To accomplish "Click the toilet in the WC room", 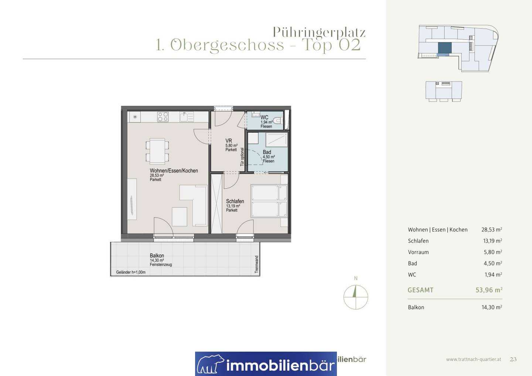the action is click(x=278, y=121).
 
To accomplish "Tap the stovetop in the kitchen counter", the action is click(x=163, y=117).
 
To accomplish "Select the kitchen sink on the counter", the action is click(x=187, y=117).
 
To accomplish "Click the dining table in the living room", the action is click(x=157, y=151).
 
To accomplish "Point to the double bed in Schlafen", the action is click(x=269, y=201).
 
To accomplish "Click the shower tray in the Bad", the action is click(x=277, y=140).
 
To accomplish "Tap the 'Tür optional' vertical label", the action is click(x=242, y=157).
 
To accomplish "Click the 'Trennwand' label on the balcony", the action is click(x=256, y=264).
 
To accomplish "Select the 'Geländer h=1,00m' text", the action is click(x=131, y=272).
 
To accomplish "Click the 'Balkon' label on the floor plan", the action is click(x=157, y=256).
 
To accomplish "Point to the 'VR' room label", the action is click(x=229, y=141).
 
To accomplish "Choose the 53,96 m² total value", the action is click(x=489, y=290).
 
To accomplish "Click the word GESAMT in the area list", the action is click(x=420, y=290).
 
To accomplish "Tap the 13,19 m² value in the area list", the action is click(x=492, y=241).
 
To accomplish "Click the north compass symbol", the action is click(x=355, y=297).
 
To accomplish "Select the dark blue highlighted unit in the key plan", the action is click(x=444, y=48).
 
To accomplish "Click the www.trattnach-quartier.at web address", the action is click(x=474, y=359).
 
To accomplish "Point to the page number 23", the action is click(x=513, y=359).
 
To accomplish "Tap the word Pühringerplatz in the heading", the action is click(x=319, y=32).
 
